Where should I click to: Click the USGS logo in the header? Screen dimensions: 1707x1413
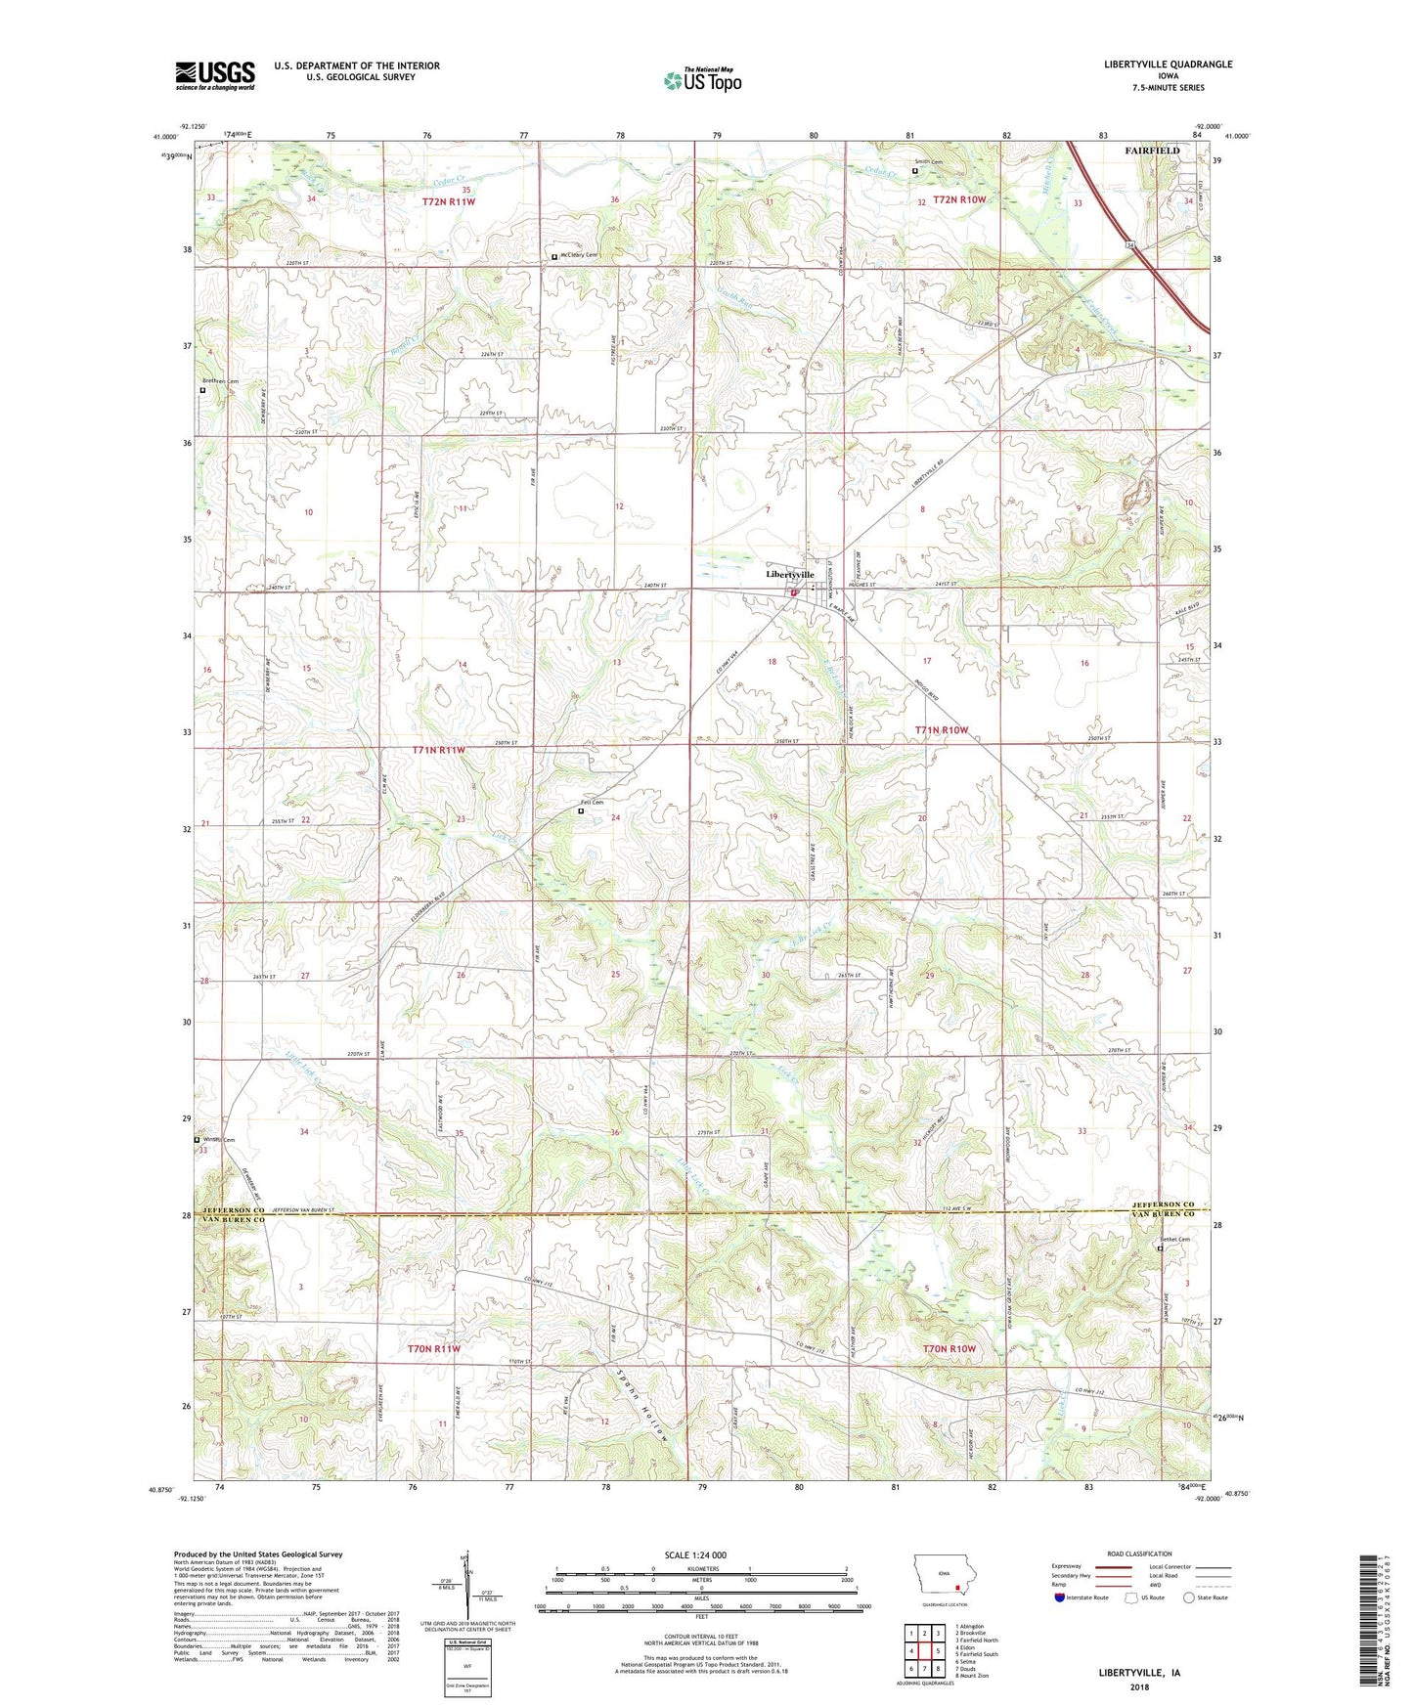point(215,75)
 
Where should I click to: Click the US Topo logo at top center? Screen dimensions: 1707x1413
point(701,80)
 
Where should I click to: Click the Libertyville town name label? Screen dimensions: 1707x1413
point(789,574)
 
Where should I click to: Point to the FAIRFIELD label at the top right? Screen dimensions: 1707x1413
point(1152,151)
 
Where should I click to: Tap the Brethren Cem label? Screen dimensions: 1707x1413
point(221,381)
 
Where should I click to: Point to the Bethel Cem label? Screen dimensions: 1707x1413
point(1174,1240)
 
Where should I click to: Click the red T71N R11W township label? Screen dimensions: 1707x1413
point(438,750)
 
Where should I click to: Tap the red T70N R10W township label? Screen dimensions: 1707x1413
point(949,1348)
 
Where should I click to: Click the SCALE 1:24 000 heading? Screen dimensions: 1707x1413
point(695,1554)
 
